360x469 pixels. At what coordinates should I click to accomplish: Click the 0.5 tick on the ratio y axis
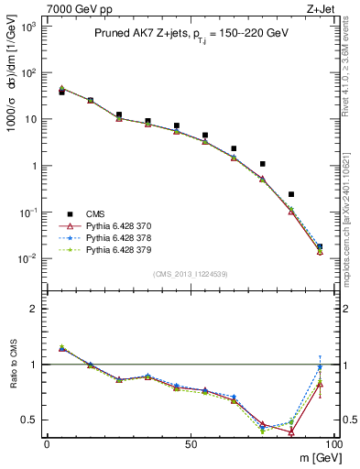coord(30,420)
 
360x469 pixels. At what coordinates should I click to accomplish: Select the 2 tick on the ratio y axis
coord(35,310)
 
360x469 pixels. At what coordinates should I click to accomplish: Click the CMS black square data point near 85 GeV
coord(291,194)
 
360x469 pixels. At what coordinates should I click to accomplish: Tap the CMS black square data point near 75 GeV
coord(263,164)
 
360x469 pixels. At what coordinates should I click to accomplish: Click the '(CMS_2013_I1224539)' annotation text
coord(190,274)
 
